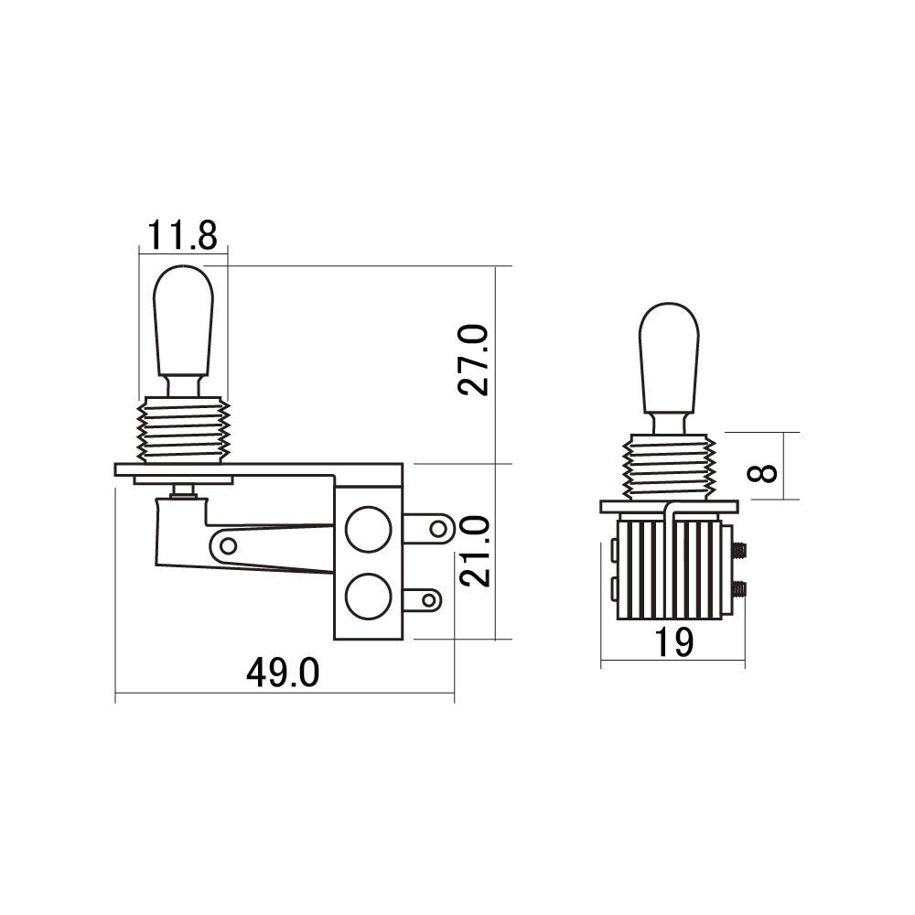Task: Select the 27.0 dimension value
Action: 473,360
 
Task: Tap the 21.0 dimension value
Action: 474,551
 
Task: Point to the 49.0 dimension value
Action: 283,673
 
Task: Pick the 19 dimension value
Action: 674,642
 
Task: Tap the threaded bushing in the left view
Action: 183,431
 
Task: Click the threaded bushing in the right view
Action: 670,468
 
